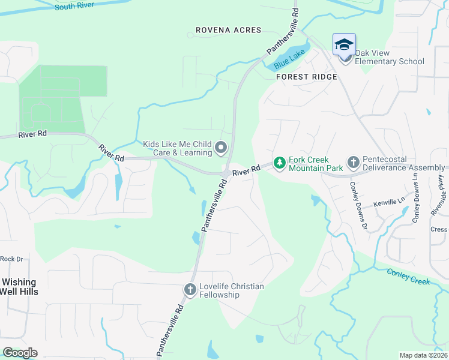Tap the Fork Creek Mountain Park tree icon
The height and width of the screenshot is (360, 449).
click(279, 163)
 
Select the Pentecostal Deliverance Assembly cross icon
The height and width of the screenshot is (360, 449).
click(353, 163)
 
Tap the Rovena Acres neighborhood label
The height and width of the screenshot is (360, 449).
click(229, 30)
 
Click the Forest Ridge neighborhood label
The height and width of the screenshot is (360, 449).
click(306, 77)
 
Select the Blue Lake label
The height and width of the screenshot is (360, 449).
click(289, 58)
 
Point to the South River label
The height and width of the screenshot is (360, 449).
click(74, 5)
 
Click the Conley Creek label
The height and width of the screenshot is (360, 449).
click(408, 277)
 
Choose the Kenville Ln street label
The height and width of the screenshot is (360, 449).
click(390, 204)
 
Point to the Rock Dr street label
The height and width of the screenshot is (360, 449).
click(11, 259)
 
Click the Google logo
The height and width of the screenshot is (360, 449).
click(20, 353)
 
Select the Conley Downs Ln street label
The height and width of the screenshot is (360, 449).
click(415, 208)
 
